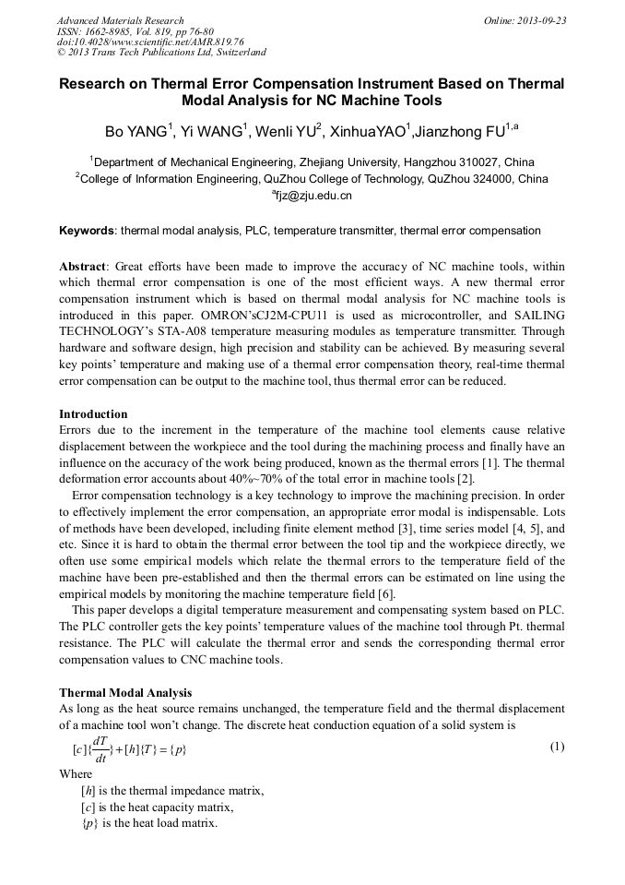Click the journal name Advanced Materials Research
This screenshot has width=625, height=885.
click(120, 20)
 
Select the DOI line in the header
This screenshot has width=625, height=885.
click(149, 42)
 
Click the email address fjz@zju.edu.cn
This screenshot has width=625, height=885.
click(313, 196)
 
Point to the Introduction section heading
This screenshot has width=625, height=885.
click(93, 413)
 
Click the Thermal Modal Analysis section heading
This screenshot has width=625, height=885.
click(125, 692)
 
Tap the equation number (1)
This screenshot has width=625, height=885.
click(557, 746)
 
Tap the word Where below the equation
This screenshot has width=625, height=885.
click(76, 774)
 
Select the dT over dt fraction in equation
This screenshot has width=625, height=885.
click(100, 748)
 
